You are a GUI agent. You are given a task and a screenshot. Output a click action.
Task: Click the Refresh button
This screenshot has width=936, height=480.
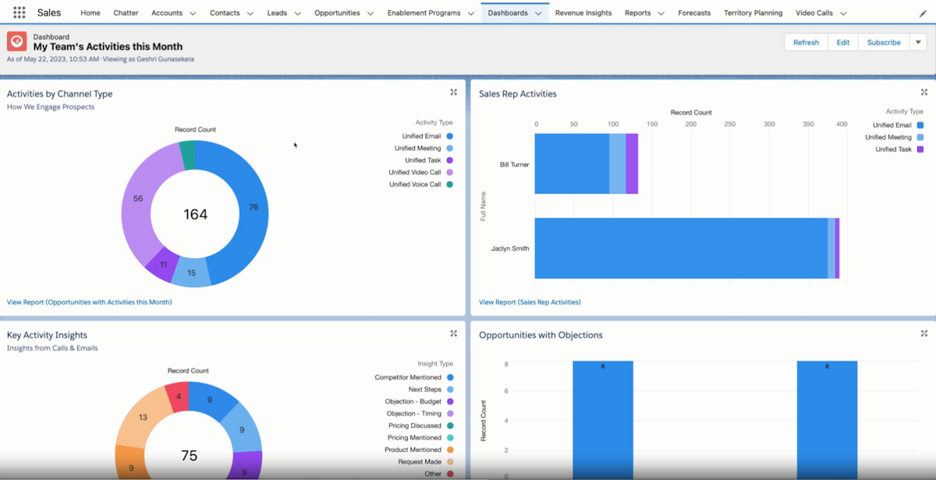pyautogui.click(x=806, y=42)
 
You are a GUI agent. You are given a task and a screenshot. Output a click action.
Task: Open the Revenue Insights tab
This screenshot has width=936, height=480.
pyautogui.click(x=583, y=12)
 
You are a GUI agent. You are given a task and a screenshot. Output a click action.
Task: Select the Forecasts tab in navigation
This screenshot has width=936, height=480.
pyautogui.click(x=694, y=12)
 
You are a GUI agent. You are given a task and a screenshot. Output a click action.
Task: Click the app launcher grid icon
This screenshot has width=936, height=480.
pyautogui.click(x=19, y=12)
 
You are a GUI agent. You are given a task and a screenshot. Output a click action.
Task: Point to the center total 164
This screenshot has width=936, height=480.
pyautogui.click(x=195, y=214)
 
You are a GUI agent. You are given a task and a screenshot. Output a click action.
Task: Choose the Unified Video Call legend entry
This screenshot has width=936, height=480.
pyautogui.click(x=415, y=172)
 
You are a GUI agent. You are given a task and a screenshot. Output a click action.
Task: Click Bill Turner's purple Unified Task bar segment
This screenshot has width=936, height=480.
pyautogui.click(x=632, y=164)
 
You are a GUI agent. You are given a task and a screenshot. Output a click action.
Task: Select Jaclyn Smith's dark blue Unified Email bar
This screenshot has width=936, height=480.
pyautogui.click(x=679, y=248)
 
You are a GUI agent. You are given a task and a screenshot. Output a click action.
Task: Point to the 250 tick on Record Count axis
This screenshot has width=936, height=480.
pyautogui.click(x=729, y=124)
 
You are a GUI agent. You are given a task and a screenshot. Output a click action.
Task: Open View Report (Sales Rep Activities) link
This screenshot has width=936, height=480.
pyautogui.click(x=530, y=302)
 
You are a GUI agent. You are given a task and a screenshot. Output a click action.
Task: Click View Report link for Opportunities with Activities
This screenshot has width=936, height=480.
pyautogui.click(x=89, y=302)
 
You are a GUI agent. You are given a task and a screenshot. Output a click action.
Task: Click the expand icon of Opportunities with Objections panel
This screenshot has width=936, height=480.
pyautogui.click(x=924, y=334)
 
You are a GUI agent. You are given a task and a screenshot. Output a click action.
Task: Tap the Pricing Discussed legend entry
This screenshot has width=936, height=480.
pyautogui.click(x=415, y=425)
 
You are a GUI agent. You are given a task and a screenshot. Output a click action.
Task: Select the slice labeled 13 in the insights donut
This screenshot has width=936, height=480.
pyautogui.click(x=140, y=418)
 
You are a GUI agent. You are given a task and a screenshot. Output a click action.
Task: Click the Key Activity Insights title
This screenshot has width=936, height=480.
pyautogui.click(x=47, y=335)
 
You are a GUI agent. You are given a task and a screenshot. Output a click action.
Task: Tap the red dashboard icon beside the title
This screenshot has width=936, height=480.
pyautogui.click(x=17, y=41)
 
